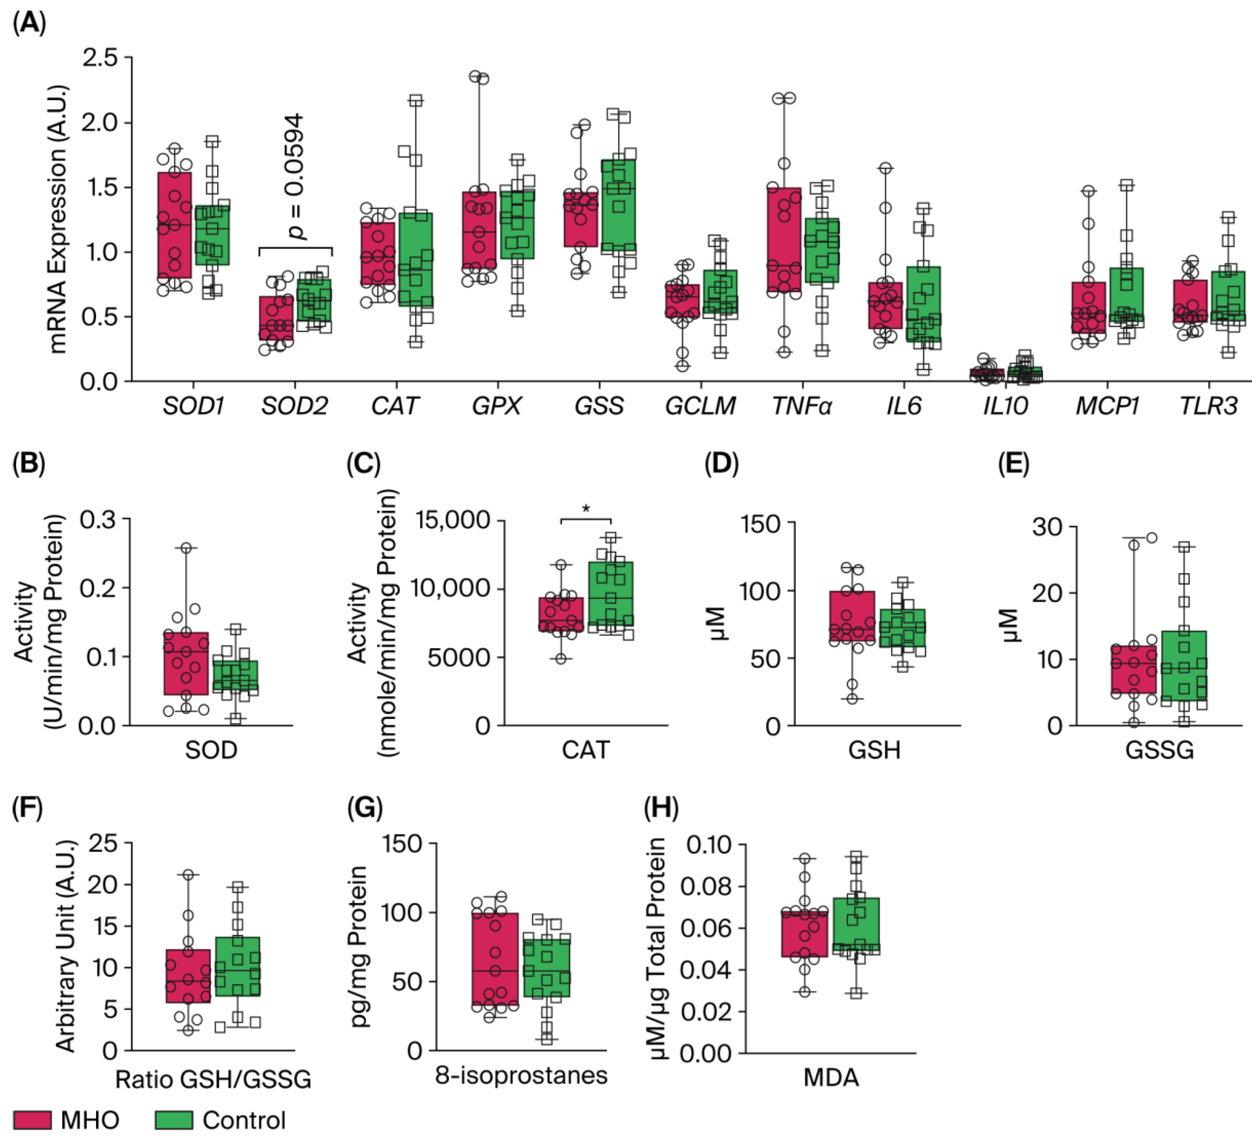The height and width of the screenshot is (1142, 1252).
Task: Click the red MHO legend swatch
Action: (x=32, y=1120)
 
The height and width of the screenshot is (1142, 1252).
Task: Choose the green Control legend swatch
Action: (x=174, y=1120)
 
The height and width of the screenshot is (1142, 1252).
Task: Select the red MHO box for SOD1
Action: (x=174, y=225)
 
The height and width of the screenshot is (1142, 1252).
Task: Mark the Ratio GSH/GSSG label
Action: (x=213, y=1079)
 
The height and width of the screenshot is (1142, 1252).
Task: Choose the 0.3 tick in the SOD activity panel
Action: (x=98, y=520)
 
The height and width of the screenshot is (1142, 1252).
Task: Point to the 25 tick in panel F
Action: (x=103, y=843)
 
